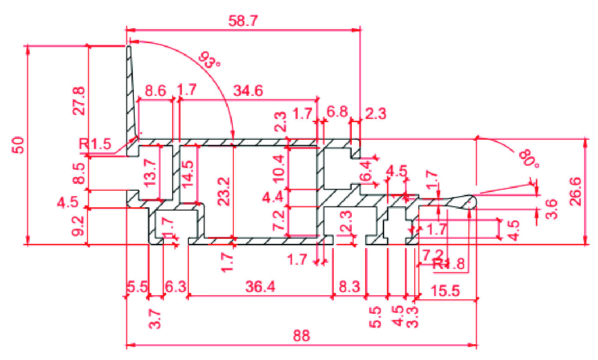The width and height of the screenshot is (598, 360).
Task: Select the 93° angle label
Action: point(209,60)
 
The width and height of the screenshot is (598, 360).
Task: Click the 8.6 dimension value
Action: point(156,91)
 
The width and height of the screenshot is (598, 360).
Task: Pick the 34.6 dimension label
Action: point(248,91)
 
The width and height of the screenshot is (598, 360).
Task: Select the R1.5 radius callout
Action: point(95,144)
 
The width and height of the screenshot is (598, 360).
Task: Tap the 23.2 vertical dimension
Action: point(225,191)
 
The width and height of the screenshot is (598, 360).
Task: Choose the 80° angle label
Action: point(526,158)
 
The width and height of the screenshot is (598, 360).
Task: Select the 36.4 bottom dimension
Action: point(261,288)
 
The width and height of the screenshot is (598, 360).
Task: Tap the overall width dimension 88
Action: point(301,335)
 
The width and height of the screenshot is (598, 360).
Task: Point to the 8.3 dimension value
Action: point(349,288)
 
